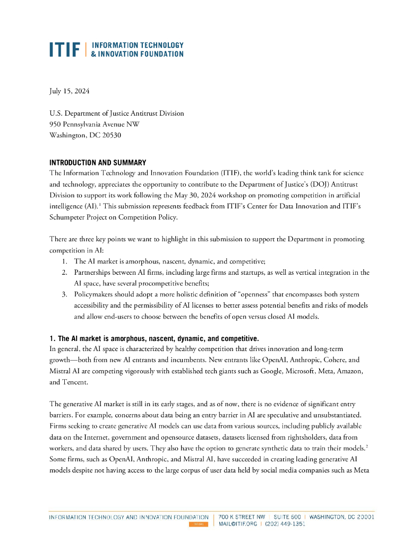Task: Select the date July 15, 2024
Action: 69,91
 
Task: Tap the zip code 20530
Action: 109,135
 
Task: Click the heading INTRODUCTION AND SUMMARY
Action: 98,162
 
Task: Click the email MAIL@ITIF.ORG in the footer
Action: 238,524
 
